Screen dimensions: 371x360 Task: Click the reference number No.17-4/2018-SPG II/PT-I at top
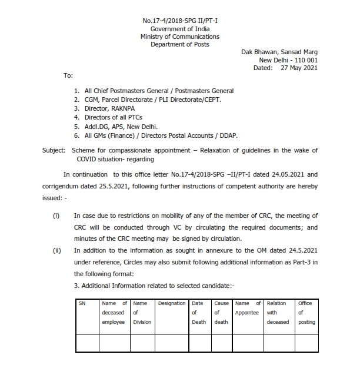point(179,20)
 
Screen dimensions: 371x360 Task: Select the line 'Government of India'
point(179,28)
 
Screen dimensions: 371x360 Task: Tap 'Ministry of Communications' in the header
point(179,37)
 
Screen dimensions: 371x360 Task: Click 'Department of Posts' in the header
point(179,44)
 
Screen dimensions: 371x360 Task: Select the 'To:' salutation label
point(68,76)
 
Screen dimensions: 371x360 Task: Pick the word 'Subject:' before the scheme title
point(54,150)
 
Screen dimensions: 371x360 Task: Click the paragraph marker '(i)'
point(56,216)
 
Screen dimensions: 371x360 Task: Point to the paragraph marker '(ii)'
point(57,250)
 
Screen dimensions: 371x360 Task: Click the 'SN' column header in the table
point(82,303)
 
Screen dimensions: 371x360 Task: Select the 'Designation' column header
point(172,303)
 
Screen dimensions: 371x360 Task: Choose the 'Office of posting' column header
point(306,313)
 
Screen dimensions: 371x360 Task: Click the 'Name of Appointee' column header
point(247,308)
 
